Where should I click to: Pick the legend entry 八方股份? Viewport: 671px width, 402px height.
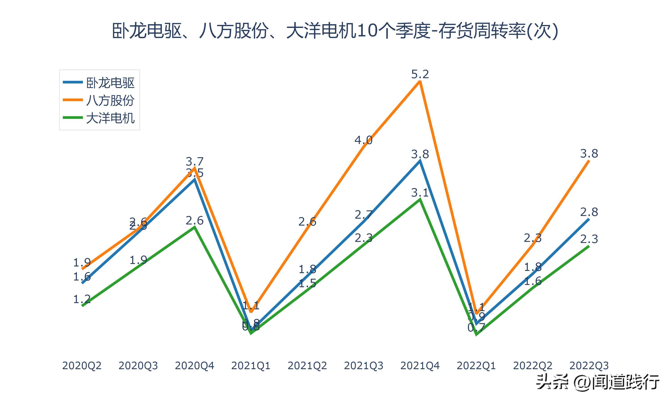pos(110,100)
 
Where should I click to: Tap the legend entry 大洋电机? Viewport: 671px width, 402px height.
pos(110,118)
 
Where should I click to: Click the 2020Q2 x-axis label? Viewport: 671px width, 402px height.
pos(82,366)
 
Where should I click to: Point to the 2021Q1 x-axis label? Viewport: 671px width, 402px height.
pos(251,366)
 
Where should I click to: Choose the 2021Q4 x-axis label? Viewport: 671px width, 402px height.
pos(420,366)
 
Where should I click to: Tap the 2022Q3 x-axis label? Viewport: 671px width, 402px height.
pos(589,366)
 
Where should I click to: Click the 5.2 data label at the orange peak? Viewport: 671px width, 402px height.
pos(420,74)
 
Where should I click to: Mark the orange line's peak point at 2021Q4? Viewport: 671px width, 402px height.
pos(420,82)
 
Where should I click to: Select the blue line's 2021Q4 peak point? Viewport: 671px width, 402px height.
pos(420,161)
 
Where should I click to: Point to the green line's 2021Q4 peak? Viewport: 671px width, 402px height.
pos(420,200)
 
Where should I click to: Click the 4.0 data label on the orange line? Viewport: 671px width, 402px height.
pos(363,140)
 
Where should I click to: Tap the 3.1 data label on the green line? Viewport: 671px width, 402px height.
pos(420,193)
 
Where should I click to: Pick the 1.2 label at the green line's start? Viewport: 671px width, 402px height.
pos(82,299)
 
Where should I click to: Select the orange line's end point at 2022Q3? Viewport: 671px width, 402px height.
pos(589,161)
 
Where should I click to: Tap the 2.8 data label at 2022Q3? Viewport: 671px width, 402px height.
pos(589,212)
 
